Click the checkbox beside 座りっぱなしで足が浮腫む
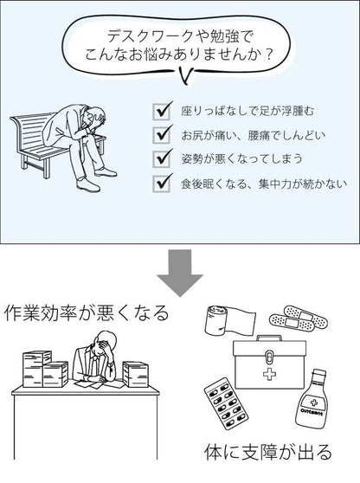coord(161,112)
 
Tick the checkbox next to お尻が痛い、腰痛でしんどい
coord(161,135)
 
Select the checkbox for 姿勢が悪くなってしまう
coord(161,159)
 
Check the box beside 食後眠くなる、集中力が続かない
coord(161,184)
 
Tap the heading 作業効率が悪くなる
coord(87,313)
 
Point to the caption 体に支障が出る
coord(268,452)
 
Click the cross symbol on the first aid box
coord(269,374)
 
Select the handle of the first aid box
coord(269,338)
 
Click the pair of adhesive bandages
coord(298,318)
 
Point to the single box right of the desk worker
coord(136,374)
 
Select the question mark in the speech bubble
coord(268,55)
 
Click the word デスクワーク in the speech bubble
coord(149,37)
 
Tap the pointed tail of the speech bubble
coord(186,78)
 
